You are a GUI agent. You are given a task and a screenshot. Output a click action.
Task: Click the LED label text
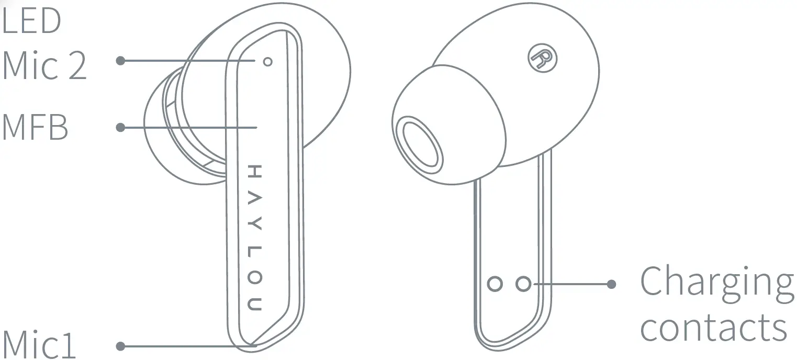point(31,20)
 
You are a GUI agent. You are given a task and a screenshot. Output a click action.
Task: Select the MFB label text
point(35,127)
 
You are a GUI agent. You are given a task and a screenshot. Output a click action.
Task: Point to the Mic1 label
point(39,344)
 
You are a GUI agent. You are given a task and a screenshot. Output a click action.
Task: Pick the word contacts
point(713,328)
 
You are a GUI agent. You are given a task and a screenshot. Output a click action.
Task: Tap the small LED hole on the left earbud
point(268,62)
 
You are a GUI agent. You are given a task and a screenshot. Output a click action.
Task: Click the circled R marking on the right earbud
point(542,58)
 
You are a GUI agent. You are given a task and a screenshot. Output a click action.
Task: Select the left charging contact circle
point(495,284)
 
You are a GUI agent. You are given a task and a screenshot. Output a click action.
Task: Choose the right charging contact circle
point(523,284)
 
